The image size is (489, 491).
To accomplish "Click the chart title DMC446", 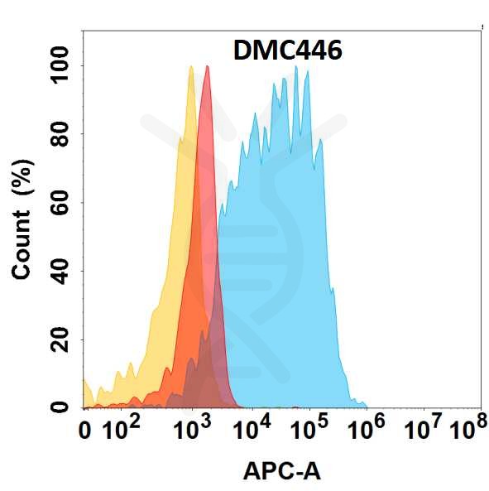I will click(x=288, y=51).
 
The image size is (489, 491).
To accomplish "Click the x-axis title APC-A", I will click(x=281, y=471).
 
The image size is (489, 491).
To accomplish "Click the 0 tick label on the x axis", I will click(x=85, y=431).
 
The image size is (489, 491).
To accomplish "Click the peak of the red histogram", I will click(x=207, y=67).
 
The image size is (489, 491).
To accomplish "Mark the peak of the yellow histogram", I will click(x=191, y=67).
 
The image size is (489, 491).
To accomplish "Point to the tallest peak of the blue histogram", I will click(x=295, y=67).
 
